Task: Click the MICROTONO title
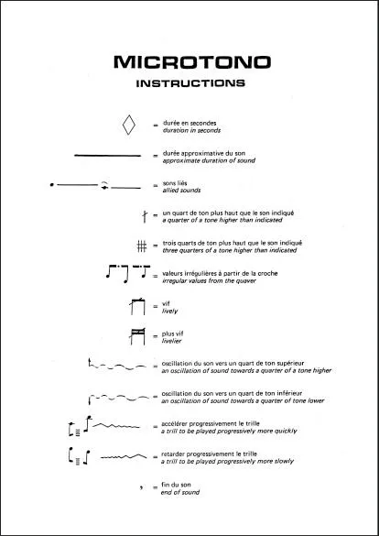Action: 192,62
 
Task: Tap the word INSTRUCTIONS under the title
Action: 190,83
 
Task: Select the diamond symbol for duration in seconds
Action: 129,125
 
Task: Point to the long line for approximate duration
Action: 107,156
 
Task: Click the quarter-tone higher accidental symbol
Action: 145,216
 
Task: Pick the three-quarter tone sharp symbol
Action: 142,246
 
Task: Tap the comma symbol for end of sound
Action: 141,487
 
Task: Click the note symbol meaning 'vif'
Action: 137,307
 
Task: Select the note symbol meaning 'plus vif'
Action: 137,336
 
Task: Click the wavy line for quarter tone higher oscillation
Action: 118,366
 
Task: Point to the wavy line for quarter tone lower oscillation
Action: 118,398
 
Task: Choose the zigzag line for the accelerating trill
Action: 116,426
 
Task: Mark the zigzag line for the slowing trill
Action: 124,456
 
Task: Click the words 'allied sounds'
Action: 181,191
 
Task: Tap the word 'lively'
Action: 170,312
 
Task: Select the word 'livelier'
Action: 172,341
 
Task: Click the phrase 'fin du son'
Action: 176,485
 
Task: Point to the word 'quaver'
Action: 246,281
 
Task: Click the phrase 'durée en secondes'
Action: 189,123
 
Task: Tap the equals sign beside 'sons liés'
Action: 156,186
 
